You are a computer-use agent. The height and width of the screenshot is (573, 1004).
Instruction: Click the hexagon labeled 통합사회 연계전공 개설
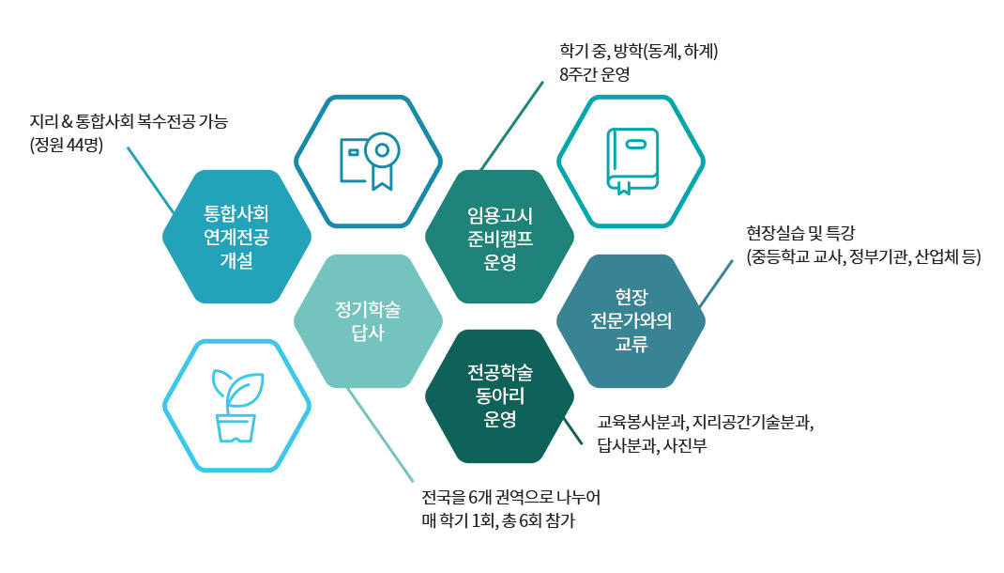coord(236,236)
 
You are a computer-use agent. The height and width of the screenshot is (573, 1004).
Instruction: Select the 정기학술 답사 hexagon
coord(368,320)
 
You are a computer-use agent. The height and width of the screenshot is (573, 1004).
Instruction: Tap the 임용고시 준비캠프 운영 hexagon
coord(499,236)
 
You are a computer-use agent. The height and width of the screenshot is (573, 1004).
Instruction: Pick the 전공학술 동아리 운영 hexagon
coord(499,395)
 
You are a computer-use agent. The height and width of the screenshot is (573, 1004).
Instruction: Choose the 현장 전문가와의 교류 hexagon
coord(631,320)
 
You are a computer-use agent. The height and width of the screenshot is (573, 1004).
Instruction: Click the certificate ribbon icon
coord(369,161)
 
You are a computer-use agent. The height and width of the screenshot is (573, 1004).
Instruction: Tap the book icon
coord(631,161)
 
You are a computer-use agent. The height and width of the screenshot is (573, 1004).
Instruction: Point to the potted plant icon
coord(236,405)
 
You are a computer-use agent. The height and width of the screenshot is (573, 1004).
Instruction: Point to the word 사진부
coord(684,446)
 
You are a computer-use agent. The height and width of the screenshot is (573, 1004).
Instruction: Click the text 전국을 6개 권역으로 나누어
coord(510,497)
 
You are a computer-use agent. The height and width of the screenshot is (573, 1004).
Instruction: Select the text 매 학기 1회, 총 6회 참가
coord(498,519)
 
